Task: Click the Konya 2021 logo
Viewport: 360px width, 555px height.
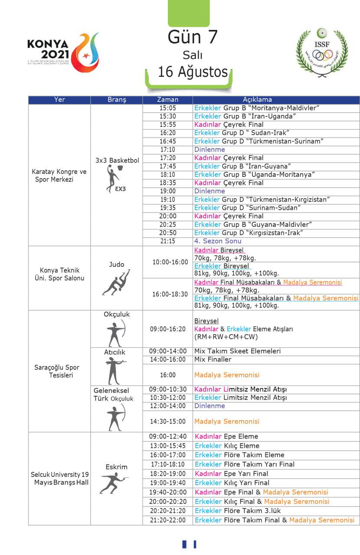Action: click(x=63, y=52)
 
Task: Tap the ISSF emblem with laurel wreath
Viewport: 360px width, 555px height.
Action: click(x=322, y=52)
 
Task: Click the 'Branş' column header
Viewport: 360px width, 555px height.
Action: click(x=116, y=100)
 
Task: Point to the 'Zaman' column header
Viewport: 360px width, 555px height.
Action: click(x=167, y=100)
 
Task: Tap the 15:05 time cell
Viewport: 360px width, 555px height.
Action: click(x=167, y=108)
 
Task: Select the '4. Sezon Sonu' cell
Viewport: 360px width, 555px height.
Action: click(x=218, y=241)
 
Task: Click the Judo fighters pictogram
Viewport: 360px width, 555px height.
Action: click(x=116, y=282)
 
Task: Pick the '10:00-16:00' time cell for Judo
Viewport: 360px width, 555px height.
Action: click(x=170, y=262)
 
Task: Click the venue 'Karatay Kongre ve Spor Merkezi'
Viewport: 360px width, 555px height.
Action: click(x=59, y=175)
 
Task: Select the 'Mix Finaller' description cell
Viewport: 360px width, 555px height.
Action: click(x=213, y=359)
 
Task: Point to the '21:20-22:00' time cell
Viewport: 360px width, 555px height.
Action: click(x=167, y=520)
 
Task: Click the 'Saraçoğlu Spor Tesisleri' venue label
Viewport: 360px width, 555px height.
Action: click(x=57, y=371)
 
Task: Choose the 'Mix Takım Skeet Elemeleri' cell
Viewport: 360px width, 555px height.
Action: click(x=237, y=351)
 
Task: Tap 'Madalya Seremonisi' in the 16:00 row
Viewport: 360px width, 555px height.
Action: click(x=227, y=375)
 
